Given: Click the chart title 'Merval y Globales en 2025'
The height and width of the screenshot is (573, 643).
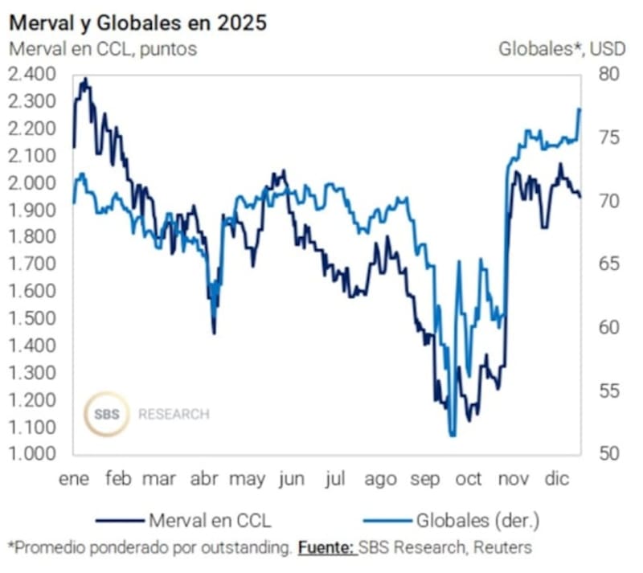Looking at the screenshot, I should pyautogui.click(x=137, y=22).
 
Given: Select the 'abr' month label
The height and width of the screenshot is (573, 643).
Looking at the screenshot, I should pyautogui.click(x=204, y=479).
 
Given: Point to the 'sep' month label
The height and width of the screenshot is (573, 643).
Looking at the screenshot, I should pyautogui.click(x=425, y=479).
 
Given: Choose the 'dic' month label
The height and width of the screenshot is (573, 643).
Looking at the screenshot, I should pyautogui.click(x=557, y=479).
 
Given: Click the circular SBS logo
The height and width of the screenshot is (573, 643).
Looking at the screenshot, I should pyautogui.click(x=107, y=415).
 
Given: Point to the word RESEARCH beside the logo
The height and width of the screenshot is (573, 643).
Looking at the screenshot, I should pyautogui.click(x=174, y=415).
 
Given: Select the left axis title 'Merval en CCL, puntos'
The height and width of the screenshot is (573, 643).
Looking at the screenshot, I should pyautogui.click(x=102, y=48).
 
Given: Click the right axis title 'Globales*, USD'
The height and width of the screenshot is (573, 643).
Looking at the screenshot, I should pyautogui.click(x=562, y=48).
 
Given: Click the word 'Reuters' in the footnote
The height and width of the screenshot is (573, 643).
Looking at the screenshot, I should pyautogui.click(x=501, y=548).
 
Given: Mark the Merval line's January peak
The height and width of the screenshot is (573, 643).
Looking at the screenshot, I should pyautogui.click(x=85, y=80).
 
